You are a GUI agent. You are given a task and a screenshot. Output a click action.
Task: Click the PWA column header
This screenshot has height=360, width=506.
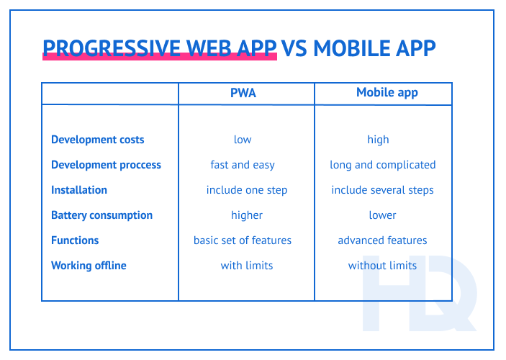[x=243, y=93]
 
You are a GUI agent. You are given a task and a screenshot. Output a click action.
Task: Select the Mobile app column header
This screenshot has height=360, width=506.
[x=387, y=93]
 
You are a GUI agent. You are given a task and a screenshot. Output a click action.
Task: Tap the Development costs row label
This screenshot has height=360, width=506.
[x=98, y=140]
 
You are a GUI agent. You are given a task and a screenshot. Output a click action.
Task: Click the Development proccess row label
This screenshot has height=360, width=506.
[x=106, y=165]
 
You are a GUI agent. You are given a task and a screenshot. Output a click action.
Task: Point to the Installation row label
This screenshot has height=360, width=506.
[x=79, y=190]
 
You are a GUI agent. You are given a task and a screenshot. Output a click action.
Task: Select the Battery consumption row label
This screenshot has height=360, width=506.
[x=101, y=215]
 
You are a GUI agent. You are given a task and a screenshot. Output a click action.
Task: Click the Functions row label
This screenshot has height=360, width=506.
[x=75, y=240]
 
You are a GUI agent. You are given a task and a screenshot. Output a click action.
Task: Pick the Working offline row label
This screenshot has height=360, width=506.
[x=89, y=266]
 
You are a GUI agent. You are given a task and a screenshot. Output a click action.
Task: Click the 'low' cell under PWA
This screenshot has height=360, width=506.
[x=243, y=140]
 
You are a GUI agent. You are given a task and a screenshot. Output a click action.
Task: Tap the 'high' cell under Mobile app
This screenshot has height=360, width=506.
[x=378, y=140]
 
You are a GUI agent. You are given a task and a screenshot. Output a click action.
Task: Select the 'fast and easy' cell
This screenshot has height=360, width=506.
[x=243, y=165]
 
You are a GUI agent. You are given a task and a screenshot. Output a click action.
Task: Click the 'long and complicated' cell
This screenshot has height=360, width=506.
[x=383, y=165]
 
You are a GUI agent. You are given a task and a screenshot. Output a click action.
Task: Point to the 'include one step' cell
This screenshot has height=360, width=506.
[x=247, y=190]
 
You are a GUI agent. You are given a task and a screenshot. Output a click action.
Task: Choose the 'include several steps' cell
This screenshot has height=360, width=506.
[x=383, y=190]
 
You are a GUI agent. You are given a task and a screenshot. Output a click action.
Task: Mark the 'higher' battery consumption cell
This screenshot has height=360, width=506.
[x=247, y=215]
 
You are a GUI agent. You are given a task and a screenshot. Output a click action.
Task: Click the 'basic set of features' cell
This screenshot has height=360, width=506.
[x=243, y=240]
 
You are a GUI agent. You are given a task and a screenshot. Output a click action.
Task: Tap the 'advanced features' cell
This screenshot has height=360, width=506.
[x=383, y=240]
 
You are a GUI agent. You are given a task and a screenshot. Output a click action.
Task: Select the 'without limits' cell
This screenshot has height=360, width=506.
[x=383, y=266]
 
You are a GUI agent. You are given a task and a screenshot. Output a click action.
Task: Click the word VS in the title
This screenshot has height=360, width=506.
[x=296, y=48]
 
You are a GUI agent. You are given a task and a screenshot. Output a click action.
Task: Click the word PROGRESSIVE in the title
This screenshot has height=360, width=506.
[x=112, y=48]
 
